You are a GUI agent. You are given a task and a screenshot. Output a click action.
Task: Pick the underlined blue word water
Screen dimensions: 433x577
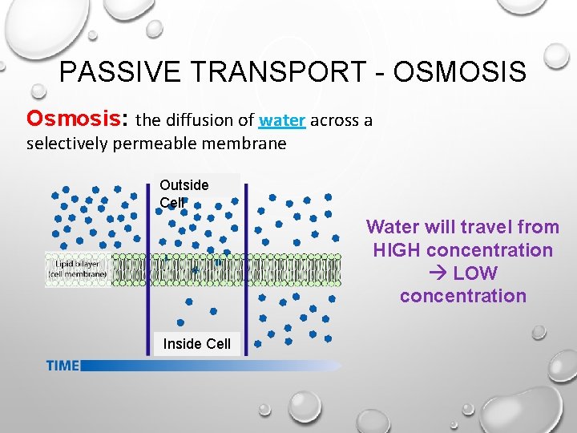[x=282, y=121]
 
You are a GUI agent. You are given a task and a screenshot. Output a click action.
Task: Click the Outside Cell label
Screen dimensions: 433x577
[x=184, y=193]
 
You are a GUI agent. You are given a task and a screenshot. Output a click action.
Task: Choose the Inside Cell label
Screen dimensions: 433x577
[x=196, y=344]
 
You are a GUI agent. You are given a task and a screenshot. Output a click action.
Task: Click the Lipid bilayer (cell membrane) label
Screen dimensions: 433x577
[x=78, y=270]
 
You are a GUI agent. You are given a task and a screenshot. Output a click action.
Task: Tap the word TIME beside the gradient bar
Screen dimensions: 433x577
[x=63, y=366]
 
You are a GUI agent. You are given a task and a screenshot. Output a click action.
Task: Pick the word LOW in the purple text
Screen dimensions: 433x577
[x=475, y=273]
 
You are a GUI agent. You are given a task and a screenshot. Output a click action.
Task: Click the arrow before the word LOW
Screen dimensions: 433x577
[x=438, y=273]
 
